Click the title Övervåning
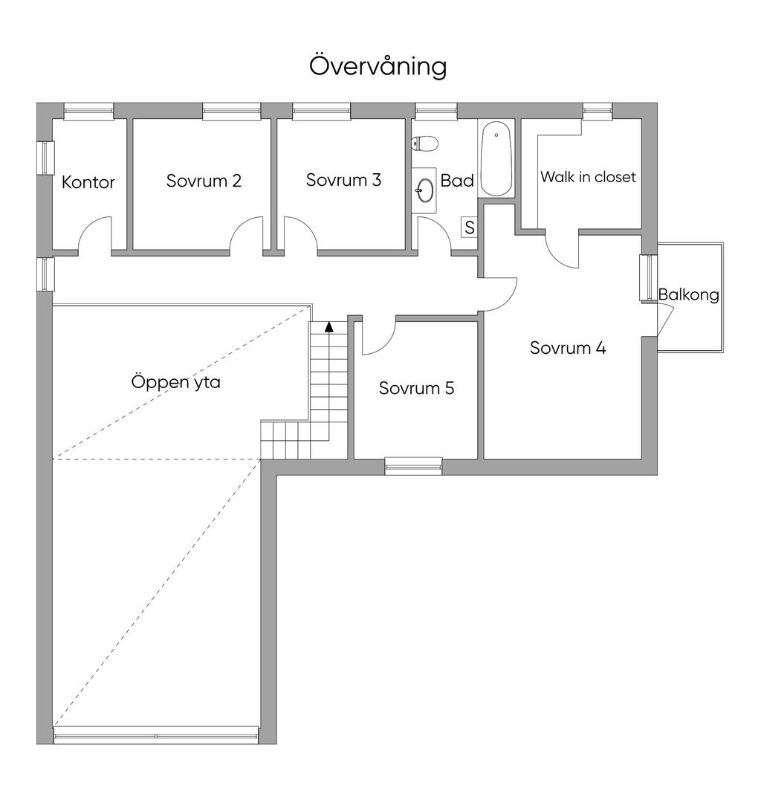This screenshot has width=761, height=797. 378,66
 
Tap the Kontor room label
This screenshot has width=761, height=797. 88,182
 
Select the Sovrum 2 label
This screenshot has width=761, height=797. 204,181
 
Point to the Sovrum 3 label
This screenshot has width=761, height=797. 343,179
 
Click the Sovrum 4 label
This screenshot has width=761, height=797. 568,348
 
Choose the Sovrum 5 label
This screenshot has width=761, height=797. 417,388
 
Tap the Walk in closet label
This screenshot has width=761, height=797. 589,177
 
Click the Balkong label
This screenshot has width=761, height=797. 689,295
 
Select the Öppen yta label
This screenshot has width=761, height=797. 176,381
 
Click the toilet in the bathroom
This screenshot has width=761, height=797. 424,143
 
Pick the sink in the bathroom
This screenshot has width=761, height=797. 424,190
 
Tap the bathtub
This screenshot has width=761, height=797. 496,158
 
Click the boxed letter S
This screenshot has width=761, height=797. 470,228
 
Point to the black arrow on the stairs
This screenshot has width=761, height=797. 329,326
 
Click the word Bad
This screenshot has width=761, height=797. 457,181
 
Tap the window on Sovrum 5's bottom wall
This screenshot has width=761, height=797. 413,466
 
